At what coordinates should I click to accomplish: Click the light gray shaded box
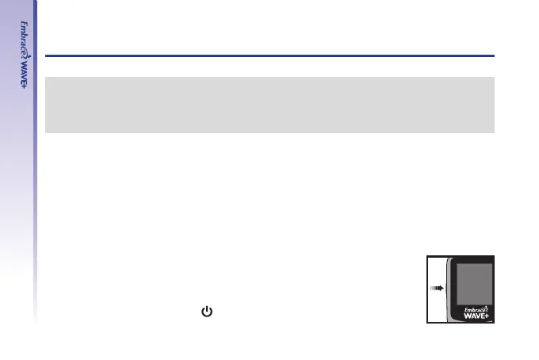click(269, 105)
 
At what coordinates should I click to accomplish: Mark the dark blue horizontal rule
click(269, 56)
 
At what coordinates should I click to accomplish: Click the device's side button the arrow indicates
click(445, 289)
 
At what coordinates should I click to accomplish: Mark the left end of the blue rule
click(47, 56)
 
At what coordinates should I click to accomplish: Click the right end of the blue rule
click(494, 56)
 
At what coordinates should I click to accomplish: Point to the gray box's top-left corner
click(46, 78)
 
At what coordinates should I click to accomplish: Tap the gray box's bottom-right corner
click(494, 132)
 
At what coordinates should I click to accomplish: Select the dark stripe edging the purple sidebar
click(36, 159)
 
